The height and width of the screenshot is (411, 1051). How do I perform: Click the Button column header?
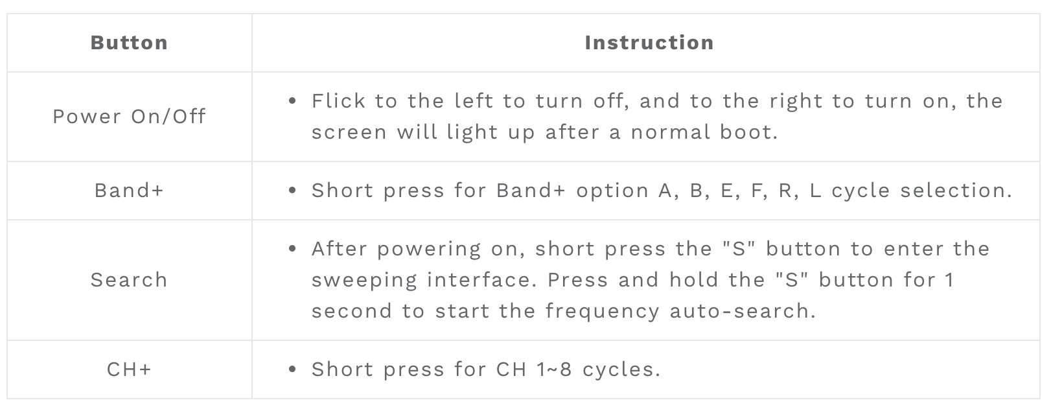pyautogui.click(x=129, y=43)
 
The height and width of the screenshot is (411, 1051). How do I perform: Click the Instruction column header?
pyautogui.click(x=649, y=43)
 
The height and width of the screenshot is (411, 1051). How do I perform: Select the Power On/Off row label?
pyautogui.click(x=129, y=116)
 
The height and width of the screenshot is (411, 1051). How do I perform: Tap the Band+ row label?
pyautogui.click(x=129, y=191)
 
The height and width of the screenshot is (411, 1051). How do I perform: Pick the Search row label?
pyautogui.click(x=129, y=280)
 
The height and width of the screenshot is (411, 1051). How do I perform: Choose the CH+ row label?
pyautogui.click(x=129, y=370)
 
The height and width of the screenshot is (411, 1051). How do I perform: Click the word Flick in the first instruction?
pyautogui.click(x=338, y=101)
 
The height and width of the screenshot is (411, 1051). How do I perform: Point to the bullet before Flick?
pyautogui.click(x=293, y=101)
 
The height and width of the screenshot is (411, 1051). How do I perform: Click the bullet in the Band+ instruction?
pyautogui.click(x=293, y=191)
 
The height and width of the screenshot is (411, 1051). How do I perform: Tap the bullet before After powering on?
pyautogui.click(x=293, y=249)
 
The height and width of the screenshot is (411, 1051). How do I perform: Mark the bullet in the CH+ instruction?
pyautogui.click(x=293, y=370)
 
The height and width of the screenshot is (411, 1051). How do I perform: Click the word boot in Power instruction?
pyautogui.click(x=749, y=132)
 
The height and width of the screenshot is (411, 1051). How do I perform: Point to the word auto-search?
pyautogui.click(x=743, y=311)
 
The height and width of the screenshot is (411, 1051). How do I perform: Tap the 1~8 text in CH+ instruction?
pyautogui.click(x=554, y=370)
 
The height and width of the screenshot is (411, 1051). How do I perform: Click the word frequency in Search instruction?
pyautogui.click(x=603, y=312)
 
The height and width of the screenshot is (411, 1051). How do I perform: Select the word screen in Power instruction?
pyautogui.click(x=349, y=133)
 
